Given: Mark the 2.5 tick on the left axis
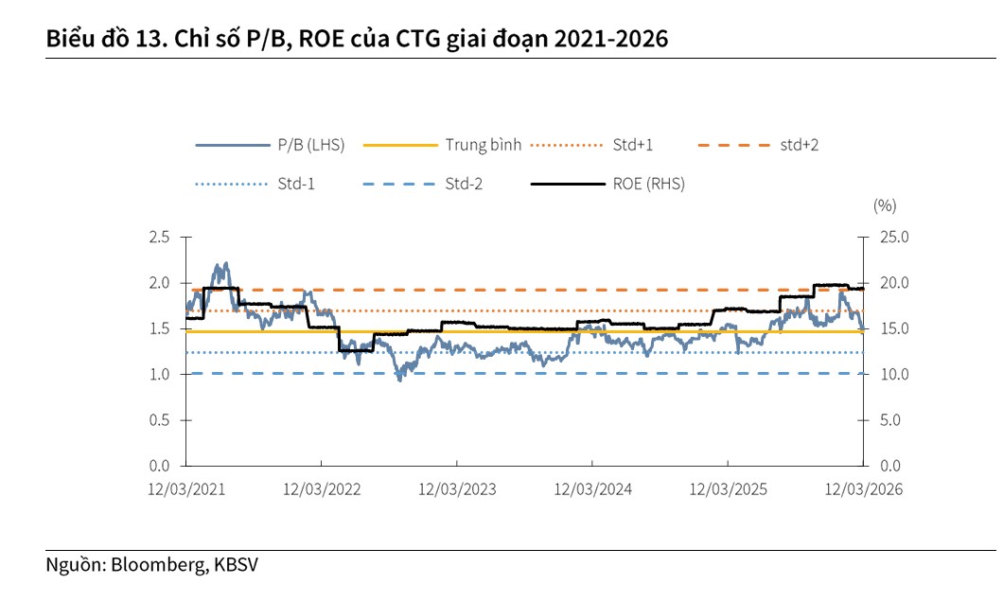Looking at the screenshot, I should click(159, 237).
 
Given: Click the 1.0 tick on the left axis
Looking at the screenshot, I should click(159, 374).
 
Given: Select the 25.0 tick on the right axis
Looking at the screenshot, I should click(889, 237).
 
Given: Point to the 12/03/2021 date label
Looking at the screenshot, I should click(187, 489).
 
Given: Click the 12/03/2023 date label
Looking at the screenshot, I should click(457, 489).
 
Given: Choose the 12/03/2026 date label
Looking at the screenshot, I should click(863, 489).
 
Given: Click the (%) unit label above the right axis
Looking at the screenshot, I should click(885, 204).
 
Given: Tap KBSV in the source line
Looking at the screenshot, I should click(236, 565).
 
